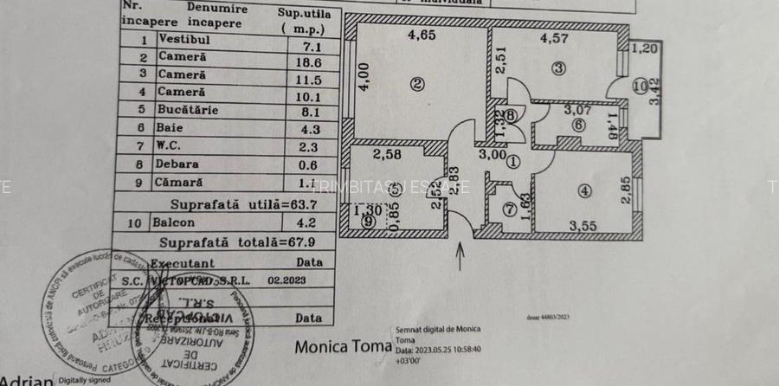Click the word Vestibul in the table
tap(185, 40)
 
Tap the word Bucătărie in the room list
tap(188, 110)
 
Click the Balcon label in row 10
tap(173, 222)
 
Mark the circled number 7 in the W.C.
tap(510, 209)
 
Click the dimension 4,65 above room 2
tap(422, 36)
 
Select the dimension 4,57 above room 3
tap(553, 38)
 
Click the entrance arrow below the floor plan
tap(460, 254)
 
